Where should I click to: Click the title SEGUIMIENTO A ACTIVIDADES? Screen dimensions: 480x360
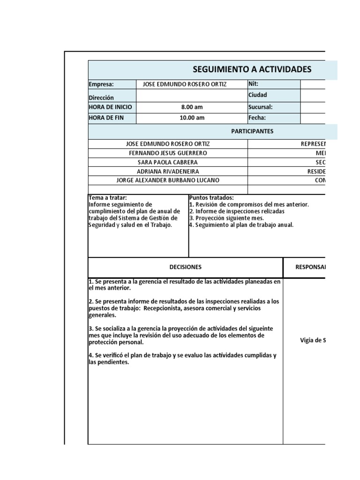[252, 70]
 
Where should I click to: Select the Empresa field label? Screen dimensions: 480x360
[101, 84]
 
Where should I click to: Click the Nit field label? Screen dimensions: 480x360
[253, 84]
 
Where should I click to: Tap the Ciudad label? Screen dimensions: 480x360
[257, 95]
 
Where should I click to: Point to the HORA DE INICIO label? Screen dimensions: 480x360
[110, 107]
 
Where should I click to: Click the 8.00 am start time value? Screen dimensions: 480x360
[192, 107]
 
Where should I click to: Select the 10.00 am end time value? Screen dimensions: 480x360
[192, 118]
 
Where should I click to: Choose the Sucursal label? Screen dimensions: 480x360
[260, 107]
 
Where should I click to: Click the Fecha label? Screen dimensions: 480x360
[257, 118]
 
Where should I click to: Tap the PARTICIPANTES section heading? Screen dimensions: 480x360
[252, 131]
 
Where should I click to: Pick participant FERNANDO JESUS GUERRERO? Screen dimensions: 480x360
[168, 153]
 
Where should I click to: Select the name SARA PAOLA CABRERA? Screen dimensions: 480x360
[168, 162]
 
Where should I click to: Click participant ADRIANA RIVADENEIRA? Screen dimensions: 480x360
[168, 171]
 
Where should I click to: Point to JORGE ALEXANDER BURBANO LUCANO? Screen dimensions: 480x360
[168, 180]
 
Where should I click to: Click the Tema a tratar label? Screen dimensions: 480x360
[107, 198]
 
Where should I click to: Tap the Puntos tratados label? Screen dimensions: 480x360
[211, 198]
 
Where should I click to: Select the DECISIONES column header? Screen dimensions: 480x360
[186, 267]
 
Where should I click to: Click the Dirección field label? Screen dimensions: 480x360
[101, 98]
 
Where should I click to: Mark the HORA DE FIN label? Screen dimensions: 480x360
[106, 118]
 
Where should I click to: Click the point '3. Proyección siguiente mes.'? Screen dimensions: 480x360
[226, 218]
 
